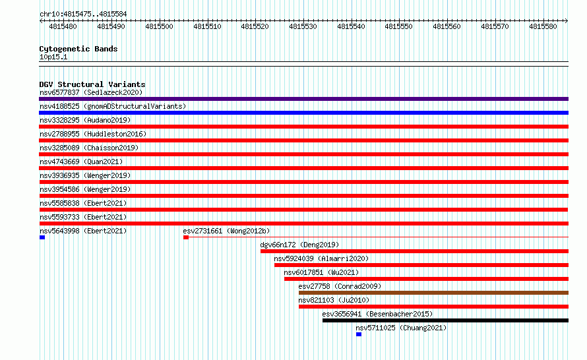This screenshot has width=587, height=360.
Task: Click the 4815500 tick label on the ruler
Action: pyautogui.click(x=159, y=26)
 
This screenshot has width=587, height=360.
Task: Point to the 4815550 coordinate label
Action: pyautogui.click(x=398, y=26)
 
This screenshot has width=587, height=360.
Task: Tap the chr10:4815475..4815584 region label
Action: pyautogui.click(x=83, y=15)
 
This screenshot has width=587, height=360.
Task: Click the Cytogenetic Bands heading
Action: pyautogui.click(x=78, y=49)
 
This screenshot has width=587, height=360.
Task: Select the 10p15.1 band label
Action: pyautogui.click(x=53, y=57)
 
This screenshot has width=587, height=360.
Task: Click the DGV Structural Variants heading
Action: pyautogui.click(x=92, y=84)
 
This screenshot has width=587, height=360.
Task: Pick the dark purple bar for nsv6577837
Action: pyautogui.click(x=303, y=99)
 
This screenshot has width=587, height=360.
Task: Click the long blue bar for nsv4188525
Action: pyautogui.click(x=303, y=113)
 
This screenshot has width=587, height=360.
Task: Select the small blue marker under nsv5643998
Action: pyautogui.click(x=42, y=237)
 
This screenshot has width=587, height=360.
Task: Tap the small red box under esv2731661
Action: pyautogui.click(x=186, y=237)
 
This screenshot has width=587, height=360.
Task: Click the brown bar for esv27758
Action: pyautogui.click(x=433, y=293)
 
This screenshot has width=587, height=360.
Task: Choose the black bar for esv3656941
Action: pyautogui.click(x=445, y=320)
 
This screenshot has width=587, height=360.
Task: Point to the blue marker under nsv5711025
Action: pyautogui.click(x=359, y=334)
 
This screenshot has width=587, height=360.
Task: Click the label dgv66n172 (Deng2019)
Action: pyautogui.click(x=299, y=245)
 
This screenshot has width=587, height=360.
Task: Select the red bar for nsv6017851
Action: pyautogui.click(x=426, y=279)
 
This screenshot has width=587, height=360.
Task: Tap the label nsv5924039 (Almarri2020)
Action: pyautogui.click(x=321, y=258)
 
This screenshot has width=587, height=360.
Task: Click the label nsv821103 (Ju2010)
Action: pyautogui.click(x=334, y=300)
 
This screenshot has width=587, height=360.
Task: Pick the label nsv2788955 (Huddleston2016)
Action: pyautogui.click(x=93, y=134)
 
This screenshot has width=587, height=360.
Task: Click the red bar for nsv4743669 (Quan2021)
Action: pyautogui.click(x=303, y=168)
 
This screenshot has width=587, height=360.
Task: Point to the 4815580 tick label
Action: pyautogui.click(x=543, y=26)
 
